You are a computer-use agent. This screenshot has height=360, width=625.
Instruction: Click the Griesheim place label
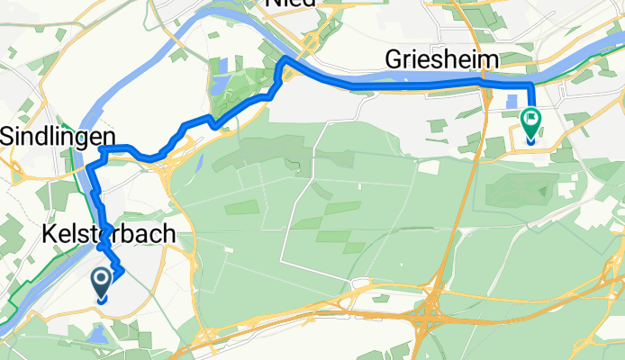(442, 61)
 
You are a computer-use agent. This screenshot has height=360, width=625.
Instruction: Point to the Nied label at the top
(290, 4)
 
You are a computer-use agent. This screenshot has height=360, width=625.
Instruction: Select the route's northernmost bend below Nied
(284, 58)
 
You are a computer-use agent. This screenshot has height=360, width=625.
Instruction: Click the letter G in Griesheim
(394, 61)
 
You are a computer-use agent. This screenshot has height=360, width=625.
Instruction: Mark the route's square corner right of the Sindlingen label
(104, 148)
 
